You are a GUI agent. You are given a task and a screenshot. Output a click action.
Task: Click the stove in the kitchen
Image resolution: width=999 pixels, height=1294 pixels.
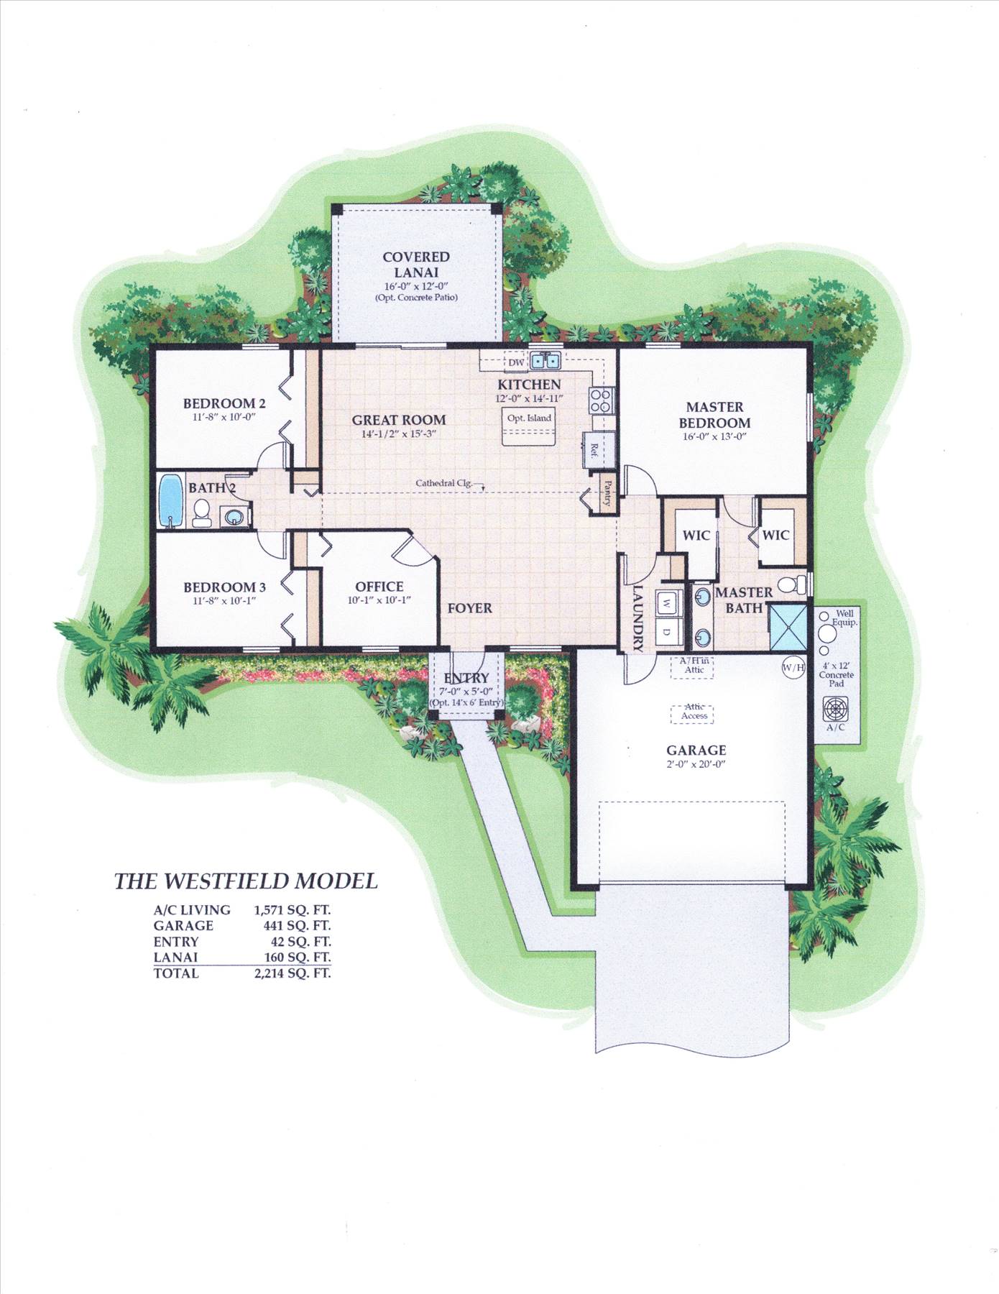pyautogui.click(x=599, y=400)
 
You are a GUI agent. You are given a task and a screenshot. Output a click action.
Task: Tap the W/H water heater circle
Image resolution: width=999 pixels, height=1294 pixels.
pyautogui.click(x=793, y=669)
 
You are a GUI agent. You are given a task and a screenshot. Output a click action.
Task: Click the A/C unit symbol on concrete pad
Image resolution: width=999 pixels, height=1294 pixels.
pyautogui.click(x=835, y=707)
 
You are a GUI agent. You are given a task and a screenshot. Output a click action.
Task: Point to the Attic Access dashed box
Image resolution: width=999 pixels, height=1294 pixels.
pyautogui.click(x=694, y=712)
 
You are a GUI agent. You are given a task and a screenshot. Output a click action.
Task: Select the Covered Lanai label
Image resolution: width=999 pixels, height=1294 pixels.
pyautogui.click(x=416, y=265)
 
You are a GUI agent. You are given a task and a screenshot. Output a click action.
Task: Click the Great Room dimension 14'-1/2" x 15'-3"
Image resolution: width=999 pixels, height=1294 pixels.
pyautogui.click(x=399, y=434)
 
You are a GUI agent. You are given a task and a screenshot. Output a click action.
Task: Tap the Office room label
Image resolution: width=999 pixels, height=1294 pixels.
pyautogui.click(x=379, y=587)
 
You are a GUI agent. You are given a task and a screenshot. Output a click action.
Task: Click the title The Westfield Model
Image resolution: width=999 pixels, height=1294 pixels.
pyautogui.click(x=247, y=881)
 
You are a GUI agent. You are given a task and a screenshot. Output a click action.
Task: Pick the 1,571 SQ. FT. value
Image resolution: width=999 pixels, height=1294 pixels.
pyautogui.click(x=293, y=910)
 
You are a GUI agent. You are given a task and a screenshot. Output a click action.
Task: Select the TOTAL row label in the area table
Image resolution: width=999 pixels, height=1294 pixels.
pyautogui.click(x=176, y=973)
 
